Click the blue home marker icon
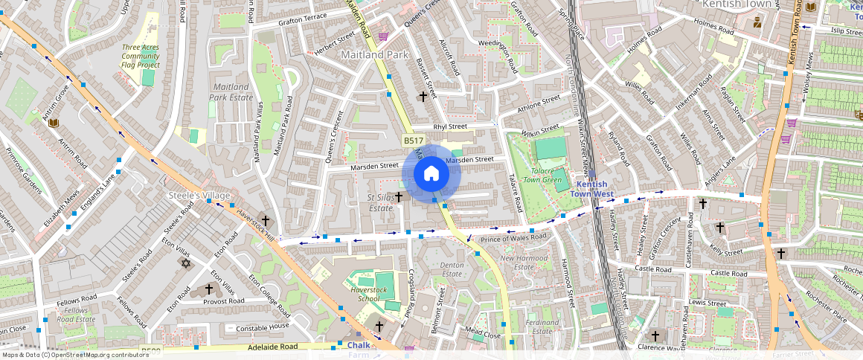tap(431, 173)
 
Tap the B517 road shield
tap(413, 141)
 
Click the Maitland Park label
tap(375, 55)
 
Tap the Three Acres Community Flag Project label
tap(141, 56)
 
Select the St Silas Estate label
tap(380, 202)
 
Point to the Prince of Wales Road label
tap(513, 237)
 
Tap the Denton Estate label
tap(452, 270)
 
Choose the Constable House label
tap(263, 328)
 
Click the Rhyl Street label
tap(450, 126)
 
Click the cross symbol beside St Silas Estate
tap(399, 197)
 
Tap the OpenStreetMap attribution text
tap(74, 355)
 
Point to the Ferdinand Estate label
tap(542, 327)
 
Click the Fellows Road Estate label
tap(76, 315)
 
